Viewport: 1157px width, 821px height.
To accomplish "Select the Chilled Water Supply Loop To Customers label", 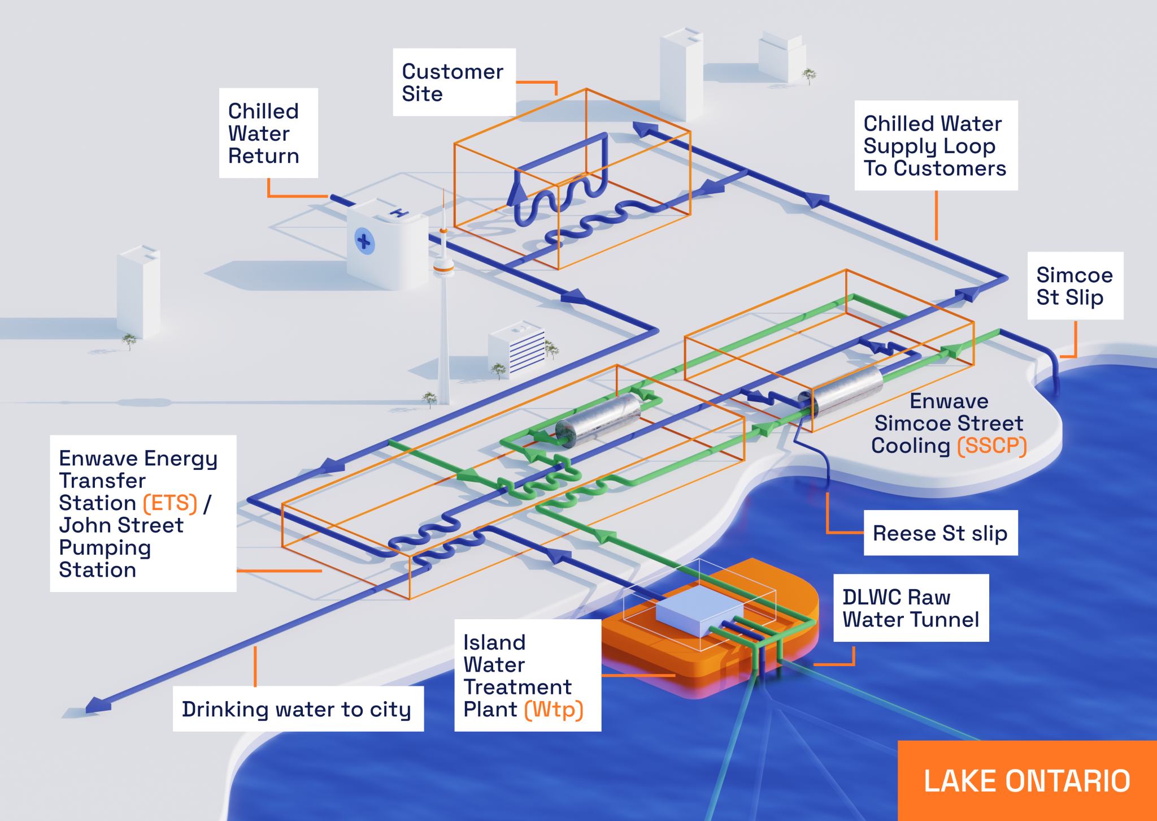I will coord(936,146).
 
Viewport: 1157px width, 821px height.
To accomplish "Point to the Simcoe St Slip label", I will coord(1075,286).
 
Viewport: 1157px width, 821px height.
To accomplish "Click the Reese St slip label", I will coord(940,533).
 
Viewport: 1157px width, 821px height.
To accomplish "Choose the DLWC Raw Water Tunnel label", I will coord(911,608).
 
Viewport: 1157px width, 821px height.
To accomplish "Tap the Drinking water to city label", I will coord(297,709).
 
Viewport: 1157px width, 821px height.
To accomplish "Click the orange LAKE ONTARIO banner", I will coord(1027,781).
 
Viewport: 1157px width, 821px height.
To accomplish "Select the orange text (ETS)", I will coord(170,503).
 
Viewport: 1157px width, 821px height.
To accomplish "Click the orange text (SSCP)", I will coord(992,446).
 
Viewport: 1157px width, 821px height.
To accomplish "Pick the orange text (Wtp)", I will coord(554,710).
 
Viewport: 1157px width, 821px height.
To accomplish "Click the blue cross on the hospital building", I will coord(364,241).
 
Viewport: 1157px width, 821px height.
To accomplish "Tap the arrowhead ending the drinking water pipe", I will coord(97,705).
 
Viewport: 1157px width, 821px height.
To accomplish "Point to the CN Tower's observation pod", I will coord(443,265).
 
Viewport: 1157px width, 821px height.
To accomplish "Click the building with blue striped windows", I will coord(517,348).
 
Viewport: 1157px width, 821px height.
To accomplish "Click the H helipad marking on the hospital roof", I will coord(399,213).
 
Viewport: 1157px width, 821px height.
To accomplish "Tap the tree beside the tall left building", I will coord(129,340).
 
